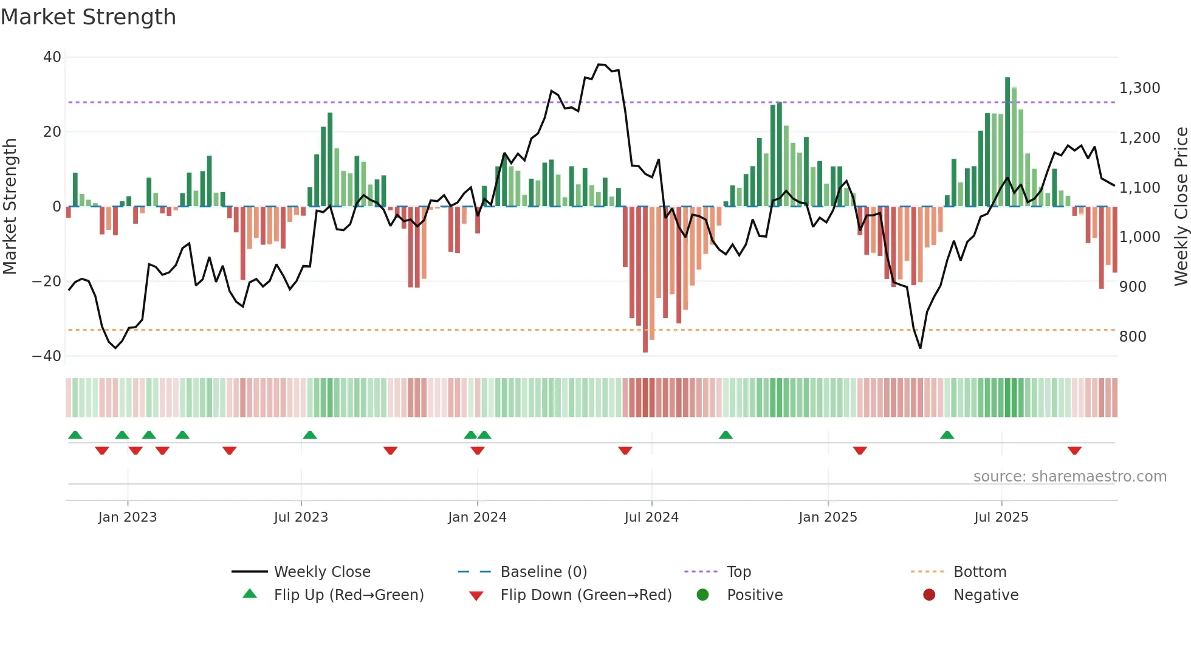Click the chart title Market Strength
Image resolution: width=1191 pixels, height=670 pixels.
[88, 17]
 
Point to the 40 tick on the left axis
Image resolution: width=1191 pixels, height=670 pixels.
[52, 57]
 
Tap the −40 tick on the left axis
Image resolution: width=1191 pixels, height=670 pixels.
[47, 356]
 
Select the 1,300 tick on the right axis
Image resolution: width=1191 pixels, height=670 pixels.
[1139, 88]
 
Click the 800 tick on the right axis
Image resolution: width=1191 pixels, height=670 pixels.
[1133, 337]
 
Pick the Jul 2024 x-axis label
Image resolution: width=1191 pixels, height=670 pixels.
[651, 517]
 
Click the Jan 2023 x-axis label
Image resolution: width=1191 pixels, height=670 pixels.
[128, 517]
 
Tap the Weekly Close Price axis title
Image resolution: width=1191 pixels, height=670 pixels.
[1181, 207]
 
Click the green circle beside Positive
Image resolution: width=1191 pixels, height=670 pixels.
[703, 595]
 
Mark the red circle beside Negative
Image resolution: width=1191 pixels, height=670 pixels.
[929, 595]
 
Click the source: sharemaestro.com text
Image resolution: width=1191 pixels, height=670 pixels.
[1069, 477]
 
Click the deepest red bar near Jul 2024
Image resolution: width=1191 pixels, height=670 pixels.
[645, 280]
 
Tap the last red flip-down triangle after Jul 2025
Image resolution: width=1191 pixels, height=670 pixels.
[1074, 451]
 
